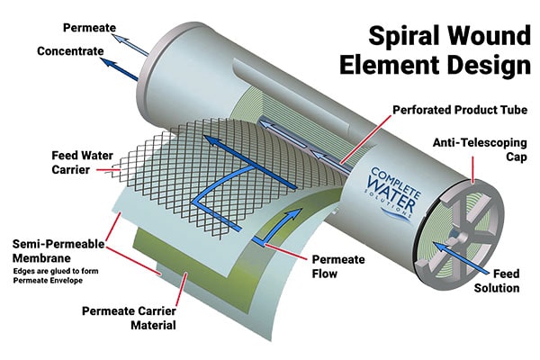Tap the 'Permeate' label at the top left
tap(89, 28)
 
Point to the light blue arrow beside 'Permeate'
tap(131, 37)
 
